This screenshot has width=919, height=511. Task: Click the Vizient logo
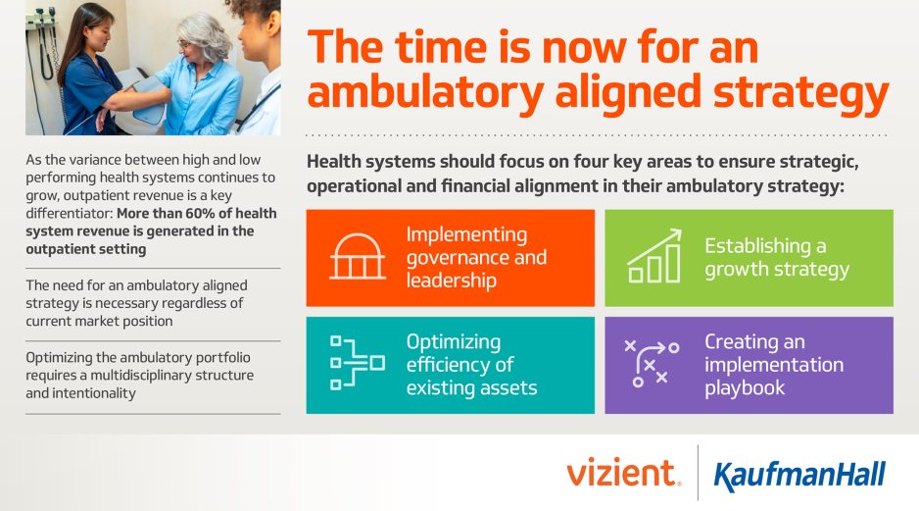[622, 474]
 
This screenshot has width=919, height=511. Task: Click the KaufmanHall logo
[799, 476]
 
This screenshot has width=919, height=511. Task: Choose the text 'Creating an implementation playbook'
[773, 364]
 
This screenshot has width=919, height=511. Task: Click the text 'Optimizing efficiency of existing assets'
[471, 364]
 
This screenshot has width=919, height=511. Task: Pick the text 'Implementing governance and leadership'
[476, 257]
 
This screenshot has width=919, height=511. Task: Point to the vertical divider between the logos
[698, 474]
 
